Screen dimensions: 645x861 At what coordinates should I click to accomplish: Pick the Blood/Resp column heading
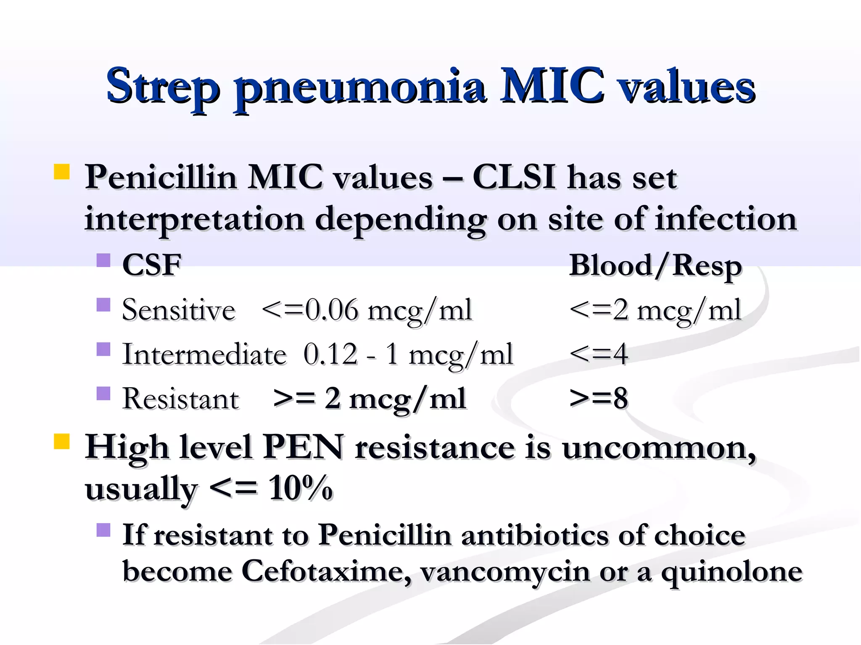(655, 266)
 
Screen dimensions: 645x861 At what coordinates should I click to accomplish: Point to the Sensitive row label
(179, 310)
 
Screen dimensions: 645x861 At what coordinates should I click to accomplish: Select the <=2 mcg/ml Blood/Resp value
(655, 311)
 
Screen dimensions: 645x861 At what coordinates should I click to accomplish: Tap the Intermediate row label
(204, 355)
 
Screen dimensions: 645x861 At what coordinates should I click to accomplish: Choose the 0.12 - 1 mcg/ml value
(408, 355)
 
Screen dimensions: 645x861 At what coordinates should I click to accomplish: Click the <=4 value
(599, 354)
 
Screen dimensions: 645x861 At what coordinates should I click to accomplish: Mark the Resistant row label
(181, 399)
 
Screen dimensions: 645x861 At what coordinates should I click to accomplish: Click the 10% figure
(301, 488)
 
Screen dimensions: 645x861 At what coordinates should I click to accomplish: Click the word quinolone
(732, 572)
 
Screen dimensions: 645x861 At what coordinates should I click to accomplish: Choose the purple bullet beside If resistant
(103, 530)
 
